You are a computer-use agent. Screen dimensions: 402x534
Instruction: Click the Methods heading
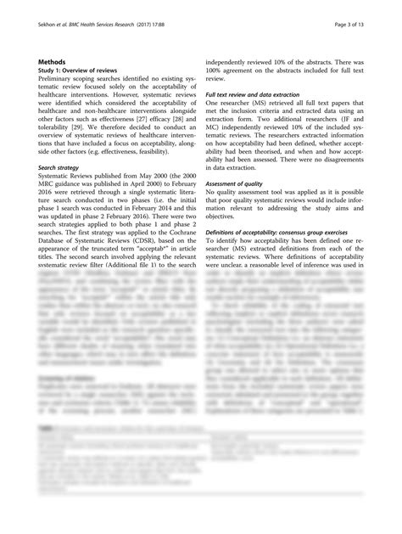click(x=53, y=62)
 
